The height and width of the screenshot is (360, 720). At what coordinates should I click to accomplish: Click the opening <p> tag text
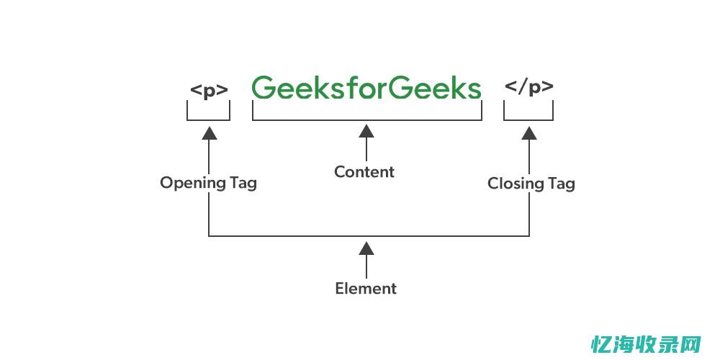click(x=209, y=90)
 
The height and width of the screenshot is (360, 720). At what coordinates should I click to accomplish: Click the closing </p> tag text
click(x=529, y=88)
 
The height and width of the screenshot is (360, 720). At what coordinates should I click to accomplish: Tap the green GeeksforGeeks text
click(x=366, y=89)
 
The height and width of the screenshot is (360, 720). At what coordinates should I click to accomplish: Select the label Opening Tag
click(x=208, y=183)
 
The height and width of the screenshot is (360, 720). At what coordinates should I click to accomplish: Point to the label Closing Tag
click(x=531, y=184)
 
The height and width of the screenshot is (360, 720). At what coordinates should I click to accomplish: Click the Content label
click(x=364, y=172)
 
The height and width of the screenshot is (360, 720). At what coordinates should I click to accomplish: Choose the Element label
click(x=366, y=289)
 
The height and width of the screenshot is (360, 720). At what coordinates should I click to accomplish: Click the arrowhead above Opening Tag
click(x=209, y=132)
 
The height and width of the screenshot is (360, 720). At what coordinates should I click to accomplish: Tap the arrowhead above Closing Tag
click(x=529, y=132)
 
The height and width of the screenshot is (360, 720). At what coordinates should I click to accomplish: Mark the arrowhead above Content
click(x=366, y=131)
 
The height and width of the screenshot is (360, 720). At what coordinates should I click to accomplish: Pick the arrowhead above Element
click(x=366, y=248)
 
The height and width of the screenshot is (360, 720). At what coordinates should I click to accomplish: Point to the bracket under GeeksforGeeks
click(x=366, y=120)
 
